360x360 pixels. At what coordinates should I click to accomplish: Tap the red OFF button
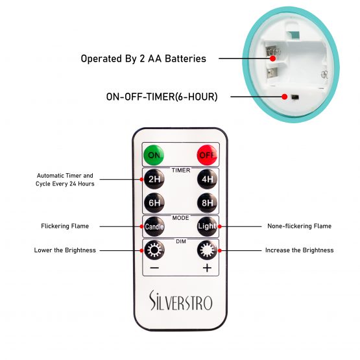(x=207, y=155)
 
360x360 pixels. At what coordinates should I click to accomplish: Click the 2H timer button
(x=154, y=179)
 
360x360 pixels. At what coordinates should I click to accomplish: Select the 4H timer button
(x=207, y=179)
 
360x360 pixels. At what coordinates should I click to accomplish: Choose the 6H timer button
(x=154, y=203)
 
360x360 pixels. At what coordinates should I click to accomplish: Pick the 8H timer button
(x=207, y=203)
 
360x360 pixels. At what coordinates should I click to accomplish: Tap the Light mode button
(x=207, y=226)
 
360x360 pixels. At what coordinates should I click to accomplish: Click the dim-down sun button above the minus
(x=154, y=250)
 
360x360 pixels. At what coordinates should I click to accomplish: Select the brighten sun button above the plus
(x=207, y=250)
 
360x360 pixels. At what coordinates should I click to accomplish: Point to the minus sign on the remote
(x=154, y=268)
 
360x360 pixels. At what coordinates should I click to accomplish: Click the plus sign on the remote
(x=207, y=268)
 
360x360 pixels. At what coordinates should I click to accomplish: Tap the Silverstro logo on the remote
(x=181, y=300)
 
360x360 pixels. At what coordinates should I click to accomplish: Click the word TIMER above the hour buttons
(x=181, y=171)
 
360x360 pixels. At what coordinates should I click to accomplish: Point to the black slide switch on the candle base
(x=295, y=97)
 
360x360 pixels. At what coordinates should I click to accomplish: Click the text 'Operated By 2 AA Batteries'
(x=143, y=59)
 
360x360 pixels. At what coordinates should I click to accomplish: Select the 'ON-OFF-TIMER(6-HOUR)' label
(x=162, y=97)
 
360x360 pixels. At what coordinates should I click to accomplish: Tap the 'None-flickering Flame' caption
(x=300, y=226)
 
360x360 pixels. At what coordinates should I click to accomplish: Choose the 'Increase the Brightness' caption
(x=300, y=250)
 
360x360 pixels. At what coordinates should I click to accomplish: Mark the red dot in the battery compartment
(x=272, y=58)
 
